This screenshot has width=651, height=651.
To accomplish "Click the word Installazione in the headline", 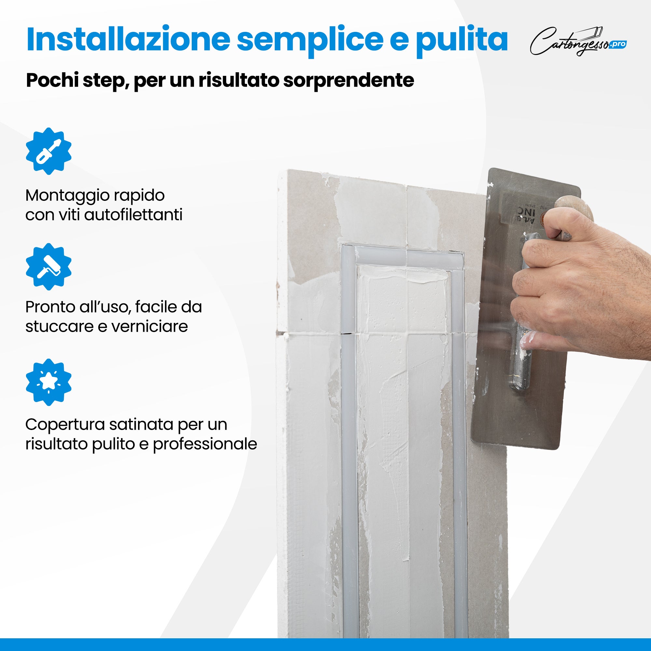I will [128, 40].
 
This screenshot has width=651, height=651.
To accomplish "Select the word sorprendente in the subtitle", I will [349, 80].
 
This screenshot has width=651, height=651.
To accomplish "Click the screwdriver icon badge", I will [48, 151].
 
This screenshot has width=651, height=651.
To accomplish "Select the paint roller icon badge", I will [48, 267].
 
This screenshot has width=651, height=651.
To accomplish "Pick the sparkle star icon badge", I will [48, 382].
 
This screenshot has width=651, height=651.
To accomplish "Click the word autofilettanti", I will [133, 215].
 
